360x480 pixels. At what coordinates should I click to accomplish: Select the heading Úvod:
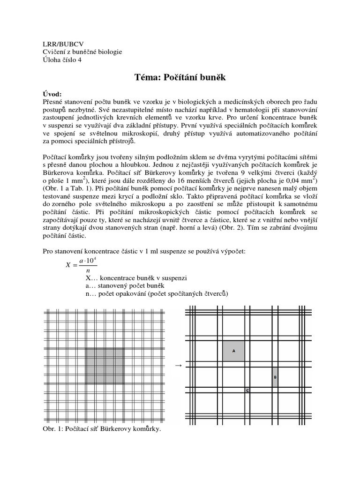(x=53, y=93)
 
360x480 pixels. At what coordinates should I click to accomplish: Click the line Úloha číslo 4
(x=62, y=60)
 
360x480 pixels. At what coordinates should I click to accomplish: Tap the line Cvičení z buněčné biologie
(x=82, y=52)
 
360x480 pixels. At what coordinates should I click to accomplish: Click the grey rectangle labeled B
(x=275, y=377)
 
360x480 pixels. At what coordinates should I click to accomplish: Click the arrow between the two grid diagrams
(x=178, y=365)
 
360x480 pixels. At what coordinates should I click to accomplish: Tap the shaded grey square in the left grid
(x=105, y=367)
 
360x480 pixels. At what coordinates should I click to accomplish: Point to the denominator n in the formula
(x=87, y=270)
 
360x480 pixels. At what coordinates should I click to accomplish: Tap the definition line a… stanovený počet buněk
(x=123, y=285)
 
